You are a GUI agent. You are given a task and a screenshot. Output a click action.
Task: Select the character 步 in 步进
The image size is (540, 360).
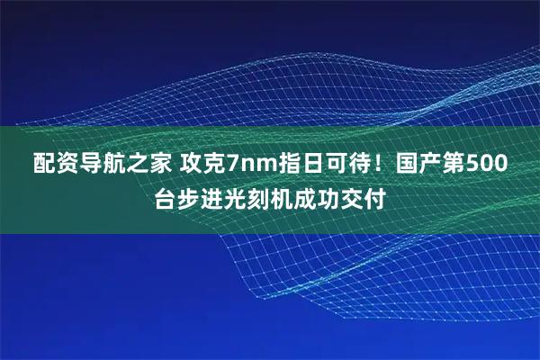[188, 198]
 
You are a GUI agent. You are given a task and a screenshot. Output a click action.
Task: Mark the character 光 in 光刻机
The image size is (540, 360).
[235, 198]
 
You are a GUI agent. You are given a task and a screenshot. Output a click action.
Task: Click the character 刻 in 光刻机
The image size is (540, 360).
[258, 198]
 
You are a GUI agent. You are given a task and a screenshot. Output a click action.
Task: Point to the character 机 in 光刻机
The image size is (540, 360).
[282, 198]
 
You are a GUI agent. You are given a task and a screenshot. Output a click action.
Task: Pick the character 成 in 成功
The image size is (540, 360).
[305, 198]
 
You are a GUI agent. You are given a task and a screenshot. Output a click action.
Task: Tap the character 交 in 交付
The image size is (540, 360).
[352, 198]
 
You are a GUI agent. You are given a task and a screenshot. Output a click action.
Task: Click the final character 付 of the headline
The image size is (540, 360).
[375, 198]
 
